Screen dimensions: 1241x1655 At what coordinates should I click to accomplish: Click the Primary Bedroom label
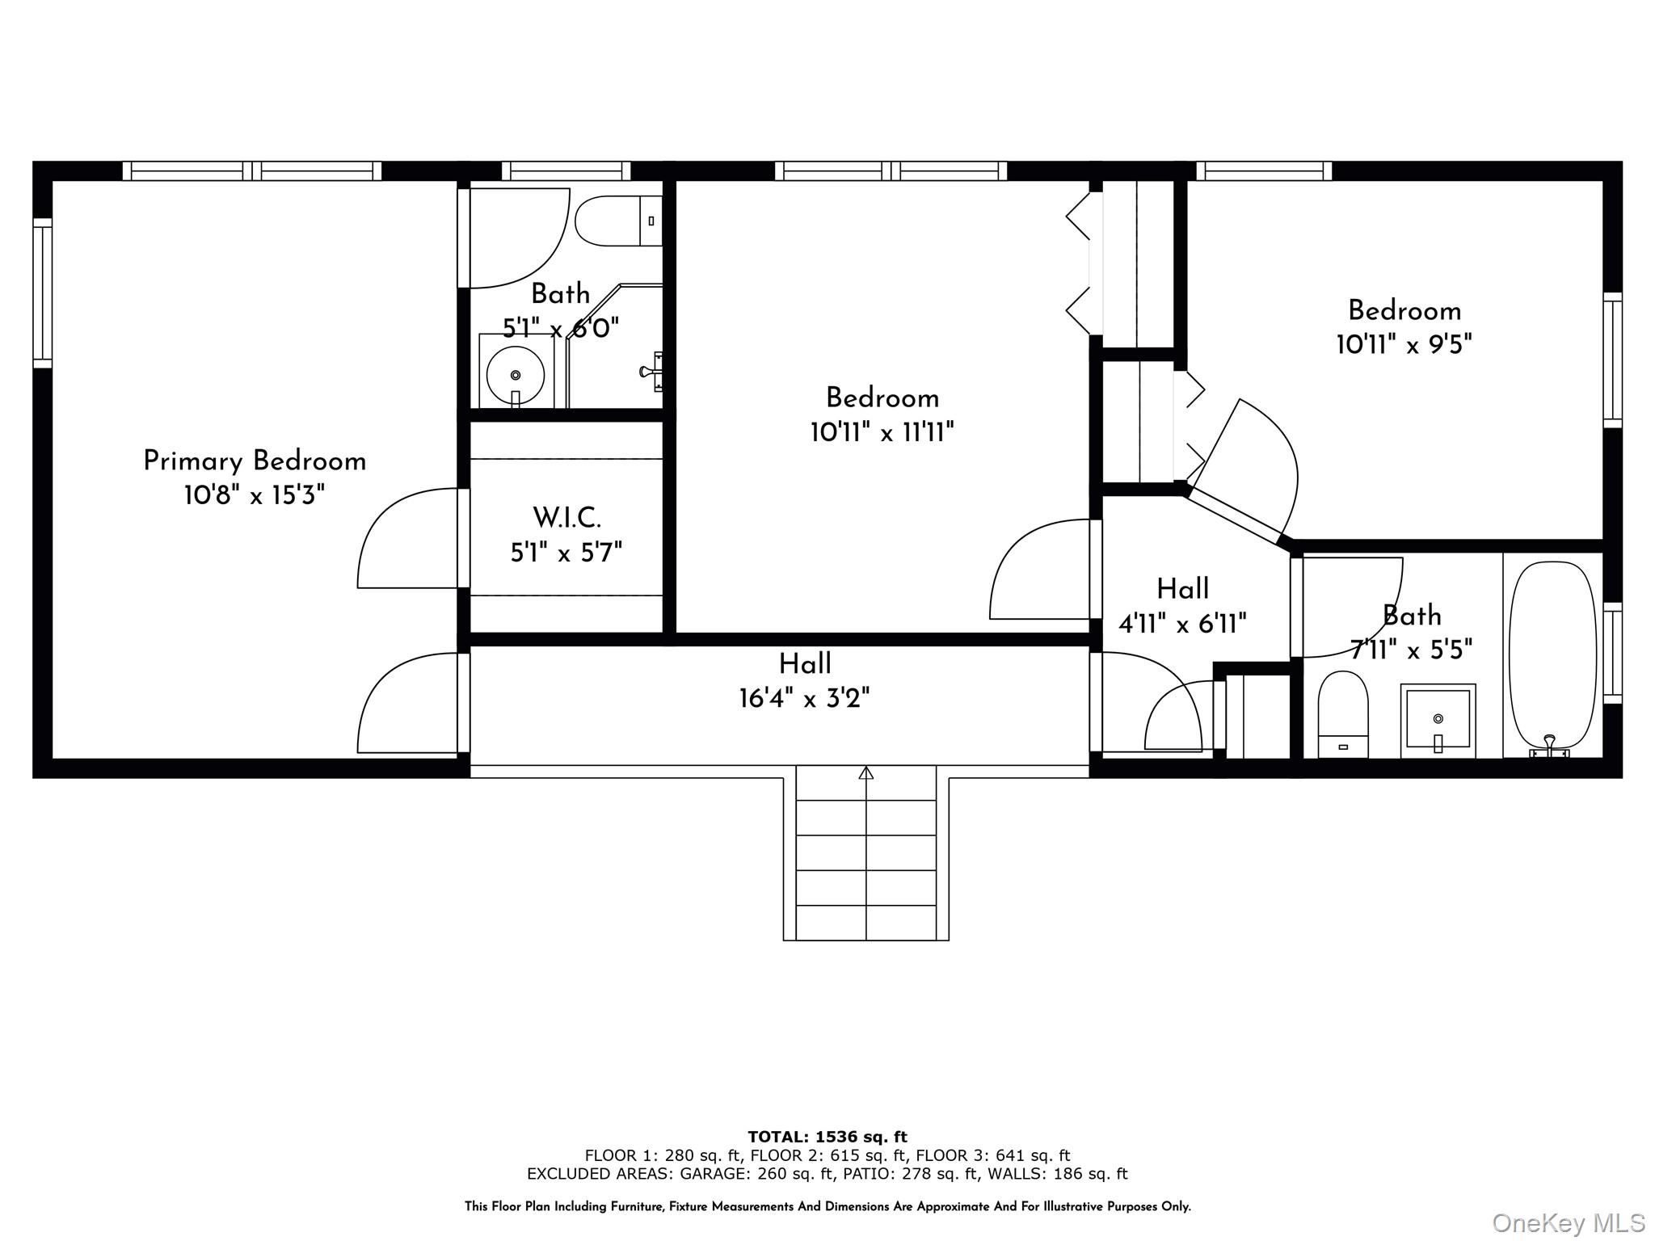click(x=255, y=461)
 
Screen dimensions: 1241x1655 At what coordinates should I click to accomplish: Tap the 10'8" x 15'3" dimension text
click(x=255, y=495)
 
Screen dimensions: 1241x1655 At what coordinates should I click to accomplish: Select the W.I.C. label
click(x=566, y=517)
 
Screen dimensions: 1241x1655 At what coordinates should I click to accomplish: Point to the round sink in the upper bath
click(x=516, y=375)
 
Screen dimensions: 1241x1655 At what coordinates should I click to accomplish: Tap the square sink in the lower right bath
click(x=1438, y=719)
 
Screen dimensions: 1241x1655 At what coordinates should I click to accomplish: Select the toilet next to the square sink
click(x=1343, y=715)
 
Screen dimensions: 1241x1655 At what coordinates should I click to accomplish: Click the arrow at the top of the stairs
click(x=866, y=773)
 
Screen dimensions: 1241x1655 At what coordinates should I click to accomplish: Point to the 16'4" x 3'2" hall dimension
click(x=805, y=698)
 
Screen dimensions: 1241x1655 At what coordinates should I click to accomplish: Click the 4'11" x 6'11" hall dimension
click(x=1182, y=624)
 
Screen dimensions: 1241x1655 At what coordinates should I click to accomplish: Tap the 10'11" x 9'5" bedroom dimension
click(x=1404, y=345)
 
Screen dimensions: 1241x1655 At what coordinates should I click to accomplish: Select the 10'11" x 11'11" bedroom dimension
click(x=882, y=433)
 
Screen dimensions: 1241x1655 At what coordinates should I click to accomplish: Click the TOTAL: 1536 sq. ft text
click(x=827, y=1137)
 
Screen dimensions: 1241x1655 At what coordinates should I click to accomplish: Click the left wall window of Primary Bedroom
click(x=42, y=292)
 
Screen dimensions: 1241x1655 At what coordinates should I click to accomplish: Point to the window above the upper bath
click(x=566, y=170)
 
